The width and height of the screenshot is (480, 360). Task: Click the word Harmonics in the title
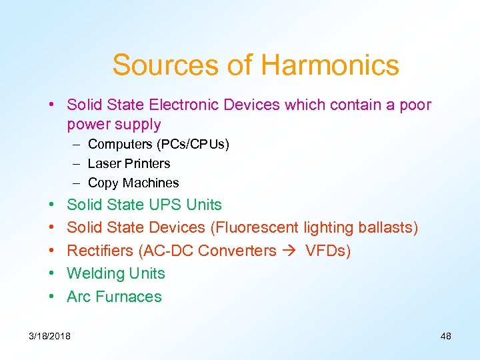[330, 65]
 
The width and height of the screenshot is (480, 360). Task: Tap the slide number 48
[446, 336]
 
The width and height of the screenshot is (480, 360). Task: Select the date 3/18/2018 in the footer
[49, 336]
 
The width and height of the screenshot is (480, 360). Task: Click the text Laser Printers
[129, 163]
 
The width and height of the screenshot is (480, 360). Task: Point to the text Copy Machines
[133, 183]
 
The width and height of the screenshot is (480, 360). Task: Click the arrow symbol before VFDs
[290, 251]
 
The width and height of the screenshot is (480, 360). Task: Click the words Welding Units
[116, 273]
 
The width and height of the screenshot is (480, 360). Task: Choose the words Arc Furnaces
[114, 296]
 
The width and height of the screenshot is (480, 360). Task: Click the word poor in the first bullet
[416, 105]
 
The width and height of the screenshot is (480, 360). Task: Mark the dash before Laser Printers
[77, 163]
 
